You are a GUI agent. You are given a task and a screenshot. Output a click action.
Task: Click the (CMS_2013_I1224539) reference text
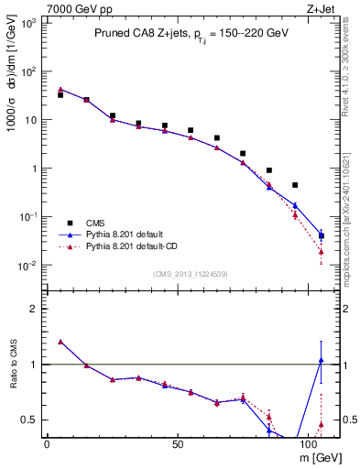click(x=190, y=273)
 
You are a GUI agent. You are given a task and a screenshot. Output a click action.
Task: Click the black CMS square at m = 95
click(x=295, y=185)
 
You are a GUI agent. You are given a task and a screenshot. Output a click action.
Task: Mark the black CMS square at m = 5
click(x=60, y=95)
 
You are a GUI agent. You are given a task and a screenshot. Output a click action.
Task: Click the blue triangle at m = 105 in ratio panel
click(x=321, y=360)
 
